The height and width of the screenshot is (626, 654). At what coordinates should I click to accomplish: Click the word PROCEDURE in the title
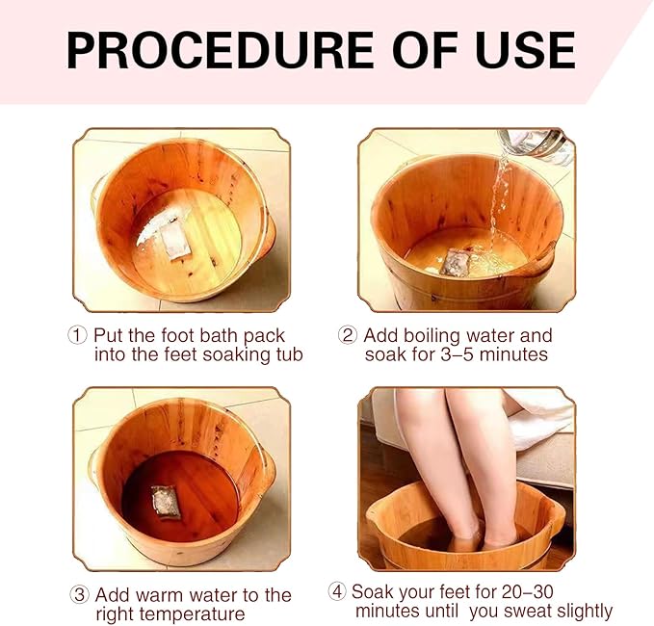click(x=220, y=50)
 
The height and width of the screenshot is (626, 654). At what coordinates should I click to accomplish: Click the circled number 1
click(x=77, y=335)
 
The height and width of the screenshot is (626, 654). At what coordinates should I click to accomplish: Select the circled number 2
click(x=348, y=335)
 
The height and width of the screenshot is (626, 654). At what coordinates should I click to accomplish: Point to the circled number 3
click(x=79, y=595)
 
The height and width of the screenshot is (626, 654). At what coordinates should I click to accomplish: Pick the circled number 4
click(x=337, y=591)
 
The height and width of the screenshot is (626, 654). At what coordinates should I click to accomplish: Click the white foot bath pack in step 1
click(x=175, y=239)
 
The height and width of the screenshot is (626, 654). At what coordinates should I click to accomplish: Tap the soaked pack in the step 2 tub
click(x=458, y=262)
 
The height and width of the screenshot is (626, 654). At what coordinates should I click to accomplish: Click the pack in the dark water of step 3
click(x=166, y=502)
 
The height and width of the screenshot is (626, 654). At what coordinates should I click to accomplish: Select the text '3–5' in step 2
click(x=458, y=354)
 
